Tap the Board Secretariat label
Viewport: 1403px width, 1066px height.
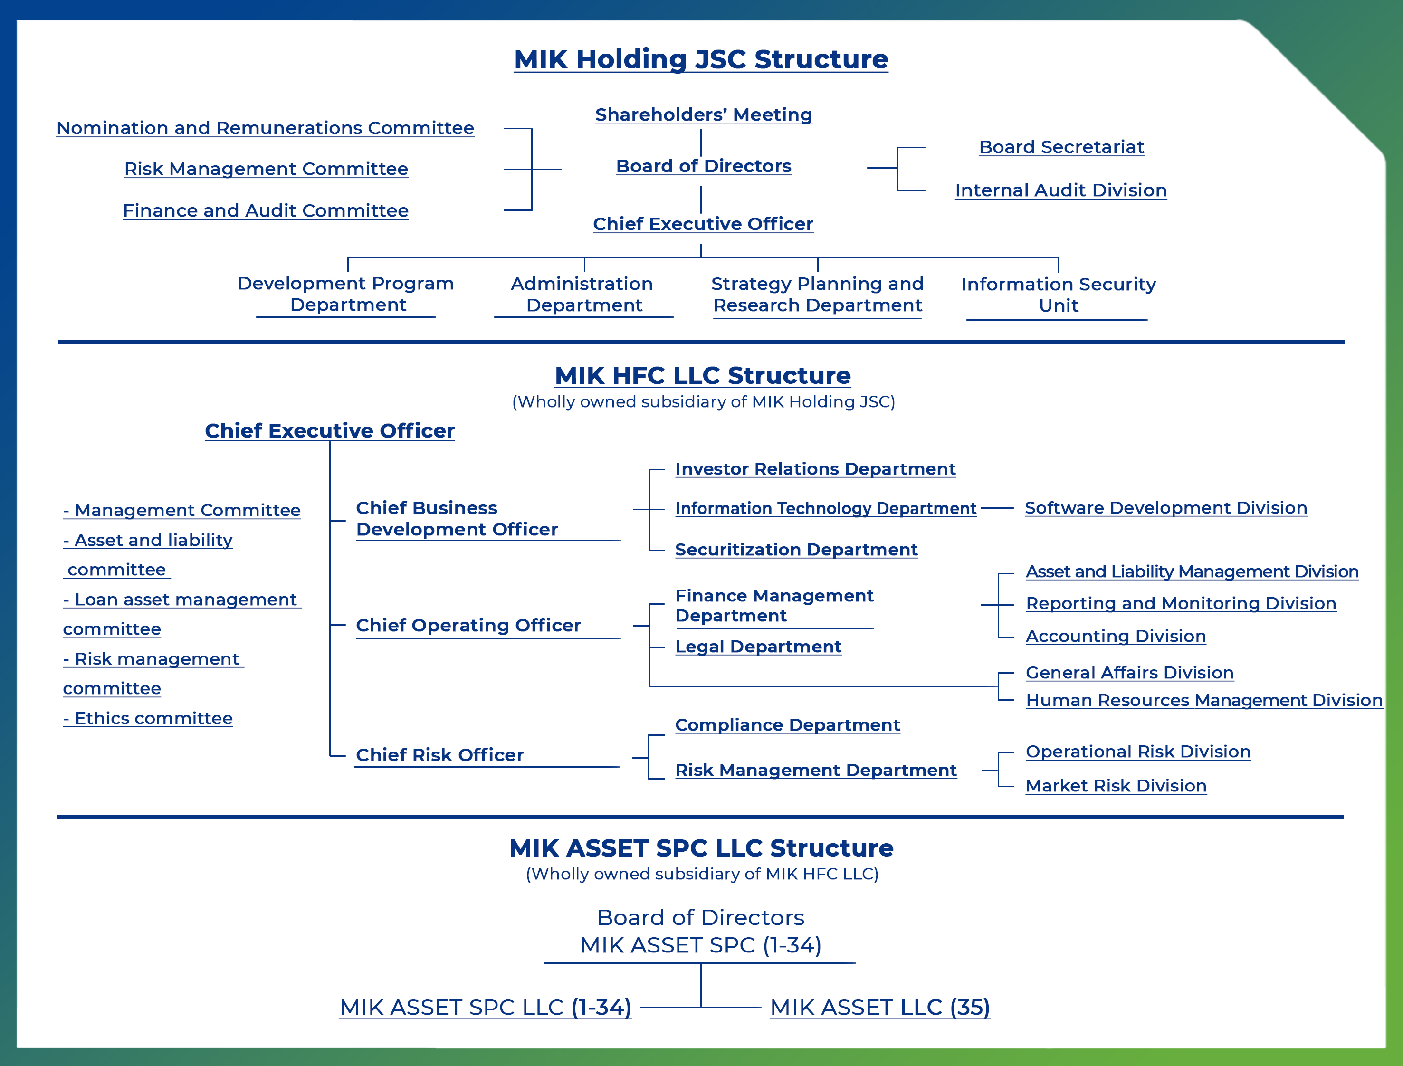[1061, 147]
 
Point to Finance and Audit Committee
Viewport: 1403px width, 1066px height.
[266, 210]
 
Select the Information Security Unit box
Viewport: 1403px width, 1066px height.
[1059, 295]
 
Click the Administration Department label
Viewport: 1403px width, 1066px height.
[583, 295]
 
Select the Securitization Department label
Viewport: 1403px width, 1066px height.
[796, 550]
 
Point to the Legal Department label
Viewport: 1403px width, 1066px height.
[758, 647]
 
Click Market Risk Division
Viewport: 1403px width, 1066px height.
[1116, 786]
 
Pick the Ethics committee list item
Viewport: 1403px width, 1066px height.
[148, 718]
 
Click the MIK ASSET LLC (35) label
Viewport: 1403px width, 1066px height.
[880, 1007]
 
